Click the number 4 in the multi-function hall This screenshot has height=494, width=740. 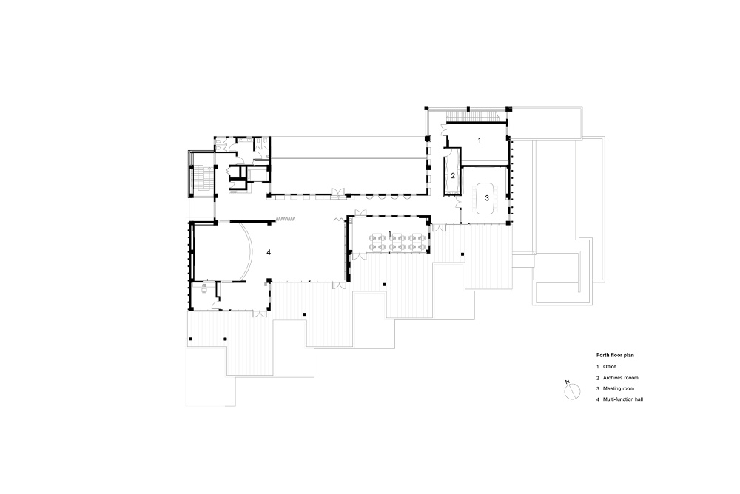[269, 252]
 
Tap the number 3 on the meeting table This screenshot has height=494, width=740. [487, 198]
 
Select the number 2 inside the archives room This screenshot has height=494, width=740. [453, 176]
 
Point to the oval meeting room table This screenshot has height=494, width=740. [487, 198]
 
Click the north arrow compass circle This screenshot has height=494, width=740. [572, 391]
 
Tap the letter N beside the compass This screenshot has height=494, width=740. [567, 381]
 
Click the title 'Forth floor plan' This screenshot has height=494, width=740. [615, 355]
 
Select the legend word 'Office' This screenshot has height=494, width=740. [610, 367]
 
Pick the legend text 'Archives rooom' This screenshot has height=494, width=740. [621, 378]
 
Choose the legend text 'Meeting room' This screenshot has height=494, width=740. [618, 389]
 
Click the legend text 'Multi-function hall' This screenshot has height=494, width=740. [623, 399]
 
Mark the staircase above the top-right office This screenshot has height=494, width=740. [472, 115]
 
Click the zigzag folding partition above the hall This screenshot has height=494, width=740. [286, 218]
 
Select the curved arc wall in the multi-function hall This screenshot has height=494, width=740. [248, 251]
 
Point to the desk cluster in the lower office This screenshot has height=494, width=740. [395, 241]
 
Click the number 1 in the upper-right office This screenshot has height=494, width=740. [480, 141]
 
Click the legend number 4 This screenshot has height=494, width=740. [597, 399]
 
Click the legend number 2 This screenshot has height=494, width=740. [597, 378]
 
